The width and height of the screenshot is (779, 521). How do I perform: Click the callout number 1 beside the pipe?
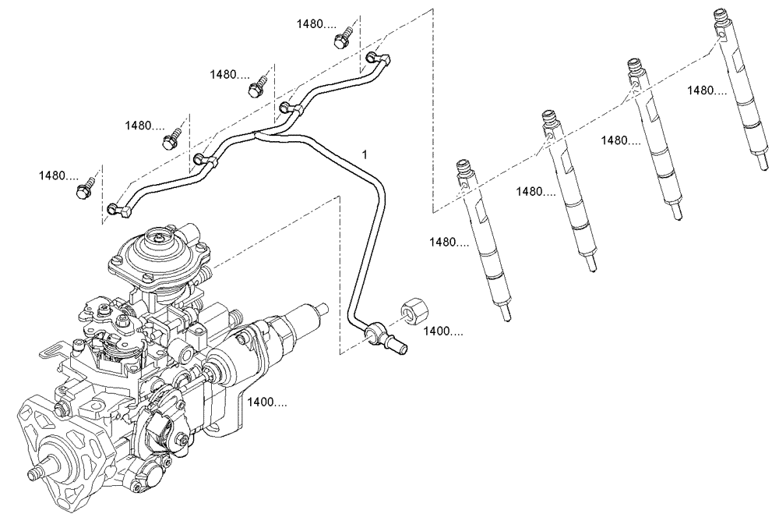click(364, 155)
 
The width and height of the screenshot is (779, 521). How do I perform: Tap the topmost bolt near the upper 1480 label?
click(340, 39)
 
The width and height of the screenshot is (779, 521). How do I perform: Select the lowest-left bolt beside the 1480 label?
click(83, 190)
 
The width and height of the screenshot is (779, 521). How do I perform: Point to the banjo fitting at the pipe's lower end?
click(382, 337)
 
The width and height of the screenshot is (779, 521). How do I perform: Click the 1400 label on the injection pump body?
click(267, 402)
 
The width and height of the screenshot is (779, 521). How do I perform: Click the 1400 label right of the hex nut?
click(443, 331)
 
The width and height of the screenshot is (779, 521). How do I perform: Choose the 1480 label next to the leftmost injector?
click(449, 243)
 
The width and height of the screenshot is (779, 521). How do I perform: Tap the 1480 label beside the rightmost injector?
click(707, 90)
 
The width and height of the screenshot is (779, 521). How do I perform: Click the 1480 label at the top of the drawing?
click(315, 24)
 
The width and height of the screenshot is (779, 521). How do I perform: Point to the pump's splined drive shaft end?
click(36, 473)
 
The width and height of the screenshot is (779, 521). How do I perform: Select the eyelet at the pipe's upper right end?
click(378, 56)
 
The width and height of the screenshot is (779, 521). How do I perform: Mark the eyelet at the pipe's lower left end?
click(116, 208)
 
